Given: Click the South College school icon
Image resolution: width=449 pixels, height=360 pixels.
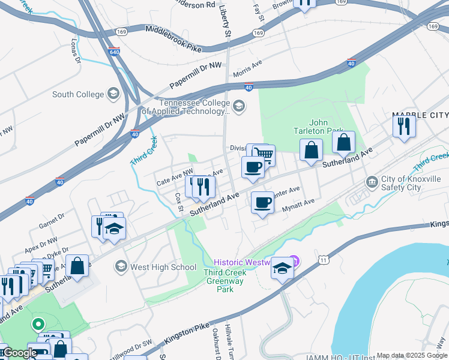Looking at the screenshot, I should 113,94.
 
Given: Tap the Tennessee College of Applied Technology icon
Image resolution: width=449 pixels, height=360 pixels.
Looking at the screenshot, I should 239,107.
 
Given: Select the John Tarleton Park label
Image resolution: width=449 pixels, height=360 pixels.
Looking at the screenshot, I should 318,127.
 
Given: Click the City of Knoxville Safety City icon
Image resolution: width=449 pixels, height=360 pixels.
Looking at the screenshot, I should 372,182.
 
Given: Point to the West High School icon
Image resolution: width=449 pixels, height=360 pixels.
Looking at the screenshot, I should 121,266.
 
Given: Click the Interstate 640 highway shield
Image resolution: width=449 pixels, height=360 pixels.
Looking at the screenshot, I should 114,52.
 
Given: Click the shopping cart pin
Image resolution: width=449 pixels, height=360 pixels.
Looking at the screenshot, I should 264,155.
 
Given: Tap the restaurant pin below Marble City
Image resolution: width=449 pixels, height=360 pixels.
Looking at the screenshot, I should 403,127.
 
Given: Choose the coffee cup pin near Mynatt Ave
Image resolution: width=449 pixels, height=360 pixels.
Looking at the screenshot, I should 262,203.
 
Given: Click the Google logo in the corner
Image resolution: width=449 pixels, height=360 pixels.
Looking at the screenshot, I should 19,353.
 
